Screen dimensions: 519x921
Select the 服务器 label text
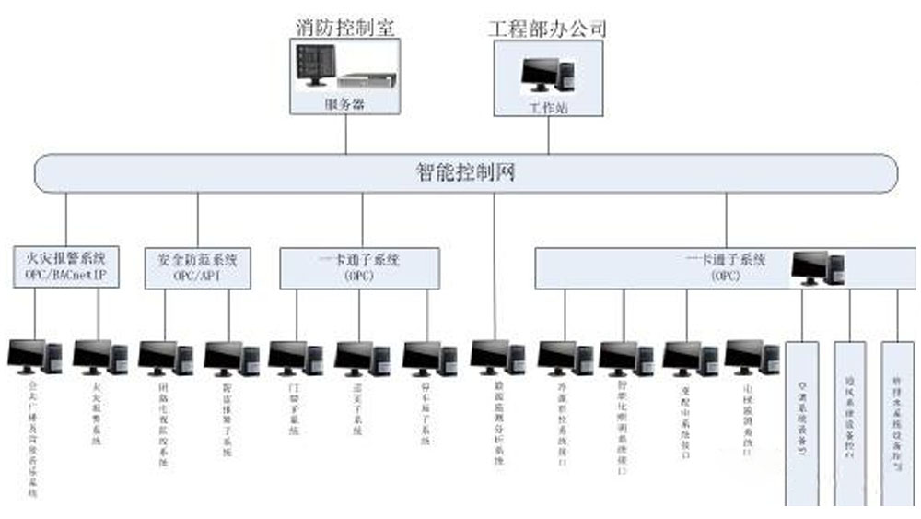(x=345, y=104)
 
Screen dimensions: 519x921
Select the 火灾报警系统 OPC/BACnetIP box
(x=66, y=266)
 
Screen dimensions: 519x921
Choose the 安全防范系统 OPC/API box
(x=197, y=266)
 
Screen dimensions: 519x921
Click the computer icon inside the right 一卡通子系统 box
(x=819, y=267)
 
